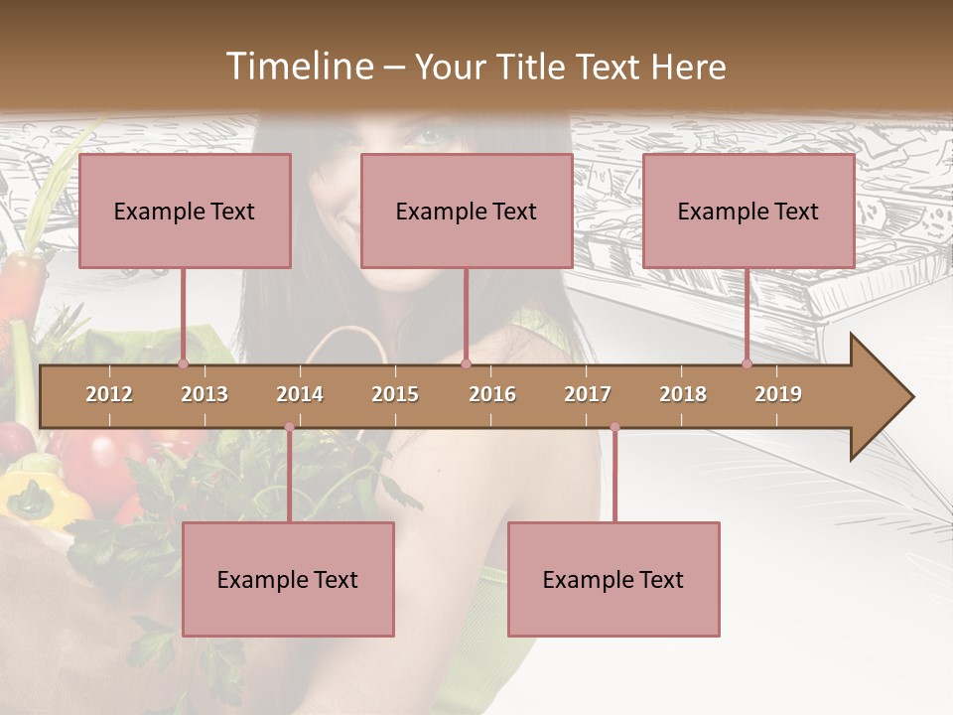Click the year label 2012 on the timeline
(x=109, y=394)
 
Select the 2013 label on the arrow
(x=204, y=394)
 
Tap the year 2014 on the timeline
(x=300, y=394)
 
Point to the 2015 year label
(x=395, y=394)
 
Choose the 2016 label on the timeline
(x=492, y=394)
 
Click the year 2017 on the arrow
(x=588, y=394)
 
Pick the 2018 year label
(x=683, y=394)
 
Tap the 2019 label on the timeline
(x=778, y=394)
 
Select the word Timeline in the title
(x=298, y=67)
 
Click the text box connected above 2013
(x=185, y=211)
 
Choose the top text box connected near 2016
(x=467, y=211)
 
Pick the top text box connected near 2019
(x=749, y=211)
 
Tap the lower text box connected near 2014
(x=288, y=579)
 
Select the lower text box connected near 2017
(x=613, y=579)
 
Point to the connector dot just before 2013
(x=183, y=364)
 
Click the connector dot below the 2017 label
(x=614, y=428)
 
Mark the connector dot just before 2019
(x=747, y=364)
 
